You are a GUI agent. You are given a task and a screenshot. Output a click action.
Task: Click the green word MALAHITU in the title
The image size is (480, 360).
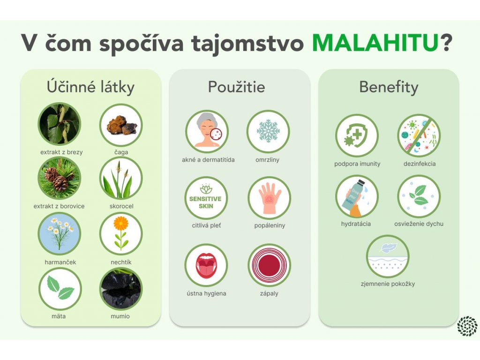point(375,43)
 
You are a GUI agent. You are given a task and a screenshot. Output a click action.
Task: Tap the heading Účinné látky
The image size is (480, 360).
point(90,87)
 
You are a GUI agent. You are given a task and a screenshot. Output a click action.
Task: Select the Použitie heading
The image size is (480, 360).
point(236,87)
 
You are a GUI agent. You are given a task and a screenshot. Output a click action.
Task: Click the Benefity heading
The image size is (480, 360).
point(389,87)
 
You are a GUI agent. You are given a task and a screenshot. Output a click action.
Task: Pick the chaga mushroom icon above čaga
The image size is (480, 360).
point(121,125)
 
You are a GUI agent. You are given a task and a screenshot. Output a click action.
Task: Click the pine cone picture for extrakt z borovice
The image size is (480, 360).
point(60,178)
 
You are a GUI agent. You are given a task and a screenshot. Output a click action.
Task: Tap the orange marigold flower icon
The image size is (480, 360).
point(121,234)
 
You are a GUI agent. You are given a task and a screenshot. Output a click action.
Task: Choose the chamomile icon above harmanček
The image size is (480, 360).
point(60,234)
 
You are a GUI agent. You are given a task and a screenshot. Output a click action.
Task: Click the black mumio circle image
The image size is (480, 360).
point(121,289)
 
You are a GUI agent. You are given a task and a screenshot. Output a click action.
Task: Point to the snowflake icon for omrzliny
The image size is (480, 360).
point(268,131)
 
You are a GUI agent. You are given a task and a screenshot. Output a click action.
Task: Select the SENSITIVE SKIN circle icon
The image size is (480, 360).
point(206,198)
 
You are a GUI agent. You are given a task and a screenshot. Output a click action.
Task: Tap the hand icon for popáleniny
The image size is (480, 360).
point(270,198)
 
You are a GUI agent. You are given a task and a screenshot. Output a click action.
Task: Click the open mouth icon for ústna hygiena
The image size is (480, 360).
point(206,265)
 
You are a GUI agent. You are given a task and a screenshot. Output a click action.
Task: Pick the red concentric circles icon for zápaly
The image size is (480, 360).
point(270,265)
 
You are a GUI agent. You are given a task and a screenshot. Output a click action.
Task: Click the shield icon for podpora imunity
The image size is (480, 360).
point(357,135)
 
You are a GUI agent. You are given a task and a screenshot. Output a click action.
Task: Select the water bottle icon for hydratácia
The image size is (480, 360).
point(357,196)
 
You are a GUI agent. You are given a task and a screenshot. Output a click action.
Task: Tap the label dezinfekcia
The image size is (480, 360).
point(420,164)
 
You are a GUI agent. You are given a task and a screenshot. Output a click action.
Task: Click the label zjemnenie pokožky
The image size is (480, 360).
point(388,284)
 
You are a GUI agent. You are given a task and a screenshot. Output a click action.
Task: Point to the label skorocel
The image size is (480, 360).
point(121,206)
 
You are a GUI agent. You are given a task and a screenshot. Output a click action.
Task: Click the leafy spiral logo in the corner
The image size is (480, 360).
point(467,326)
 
